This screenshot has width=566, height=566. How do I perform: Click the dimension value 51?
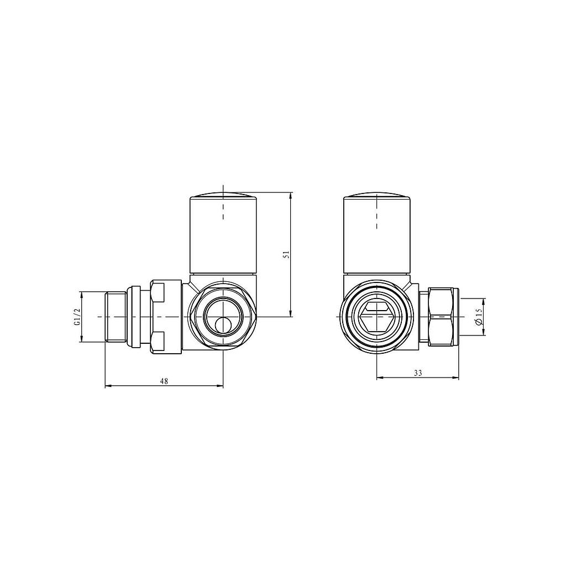285,254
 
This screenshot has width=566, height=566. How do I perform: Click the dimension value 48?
164,381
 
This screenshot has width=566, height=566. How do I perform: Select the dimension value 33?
417,373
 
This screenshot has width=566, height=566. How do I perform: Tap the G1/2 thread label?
78,317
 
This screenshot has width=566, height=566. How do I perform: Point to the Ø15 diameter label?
479,317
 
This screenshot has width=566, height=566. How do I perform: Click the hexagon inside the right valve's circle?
376,317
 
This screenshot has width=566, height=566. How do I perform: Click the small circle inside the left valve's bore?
223,325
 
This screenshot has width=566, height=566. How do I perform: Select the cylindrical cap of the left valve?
223,238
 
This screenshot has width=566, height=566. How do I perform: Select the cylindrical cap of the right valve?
376,238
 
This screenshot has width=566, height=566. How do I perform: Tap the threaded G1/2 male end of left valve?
116,317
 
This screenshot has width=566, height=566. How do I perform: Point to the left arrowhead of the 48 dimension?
107,386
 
